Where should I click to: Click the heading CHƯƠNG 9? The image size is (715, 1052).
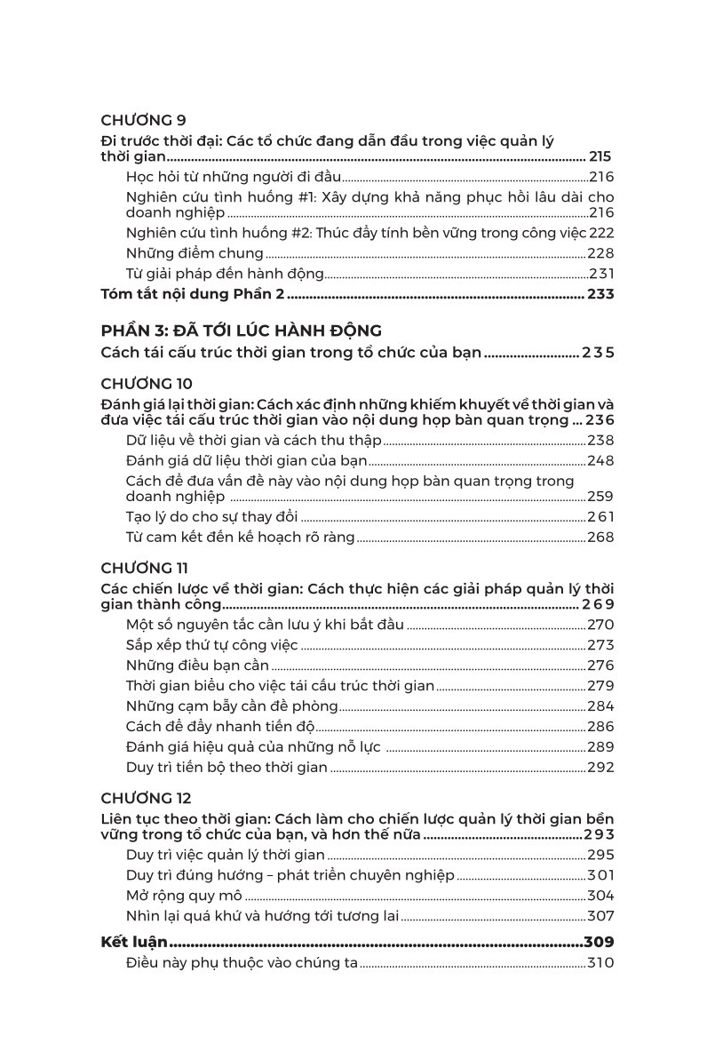(142, 120)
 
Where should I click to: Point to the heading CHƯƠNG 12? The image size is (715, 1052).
(147, 798)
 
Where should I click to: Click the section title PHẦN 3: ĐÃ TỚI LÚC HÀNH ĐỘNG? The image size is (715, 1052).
(242, 331)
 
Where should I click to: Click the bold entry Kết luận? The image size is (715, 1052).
(133, 943)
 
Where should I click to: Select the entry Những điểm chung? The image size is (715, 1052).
(195, 253)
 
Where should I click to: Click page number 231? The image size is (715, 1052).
(600, 275)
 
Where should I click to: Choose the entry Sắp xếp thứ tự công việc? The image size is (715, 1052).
(212, 644)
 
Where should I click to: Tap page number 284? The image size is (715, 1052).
(600, 706)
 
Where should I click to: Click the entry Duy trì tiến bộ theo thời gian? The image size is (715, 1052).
(227, 768)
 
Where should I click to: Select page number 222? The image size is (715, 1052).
(600, 233)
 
